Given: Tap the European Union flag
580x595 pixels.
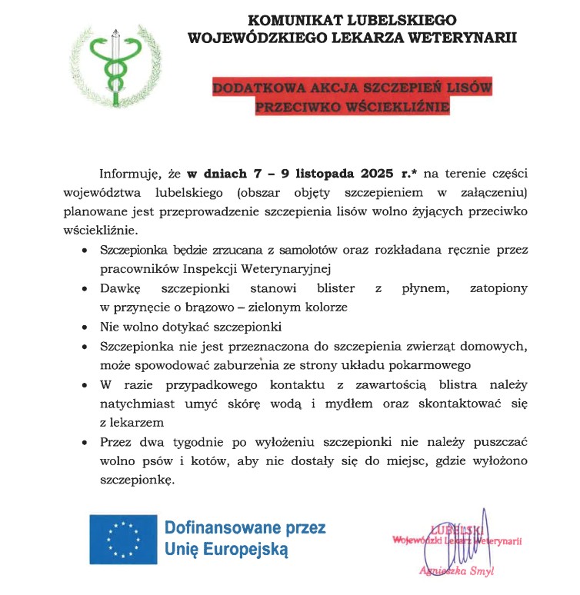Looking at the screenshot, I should coord(122,538).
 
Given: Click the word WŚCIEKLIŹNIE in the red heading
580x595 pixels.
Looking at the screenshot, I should coord(396,107).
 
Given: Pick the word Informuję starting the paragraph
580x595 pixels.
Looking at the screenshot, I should coord(129,175).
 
